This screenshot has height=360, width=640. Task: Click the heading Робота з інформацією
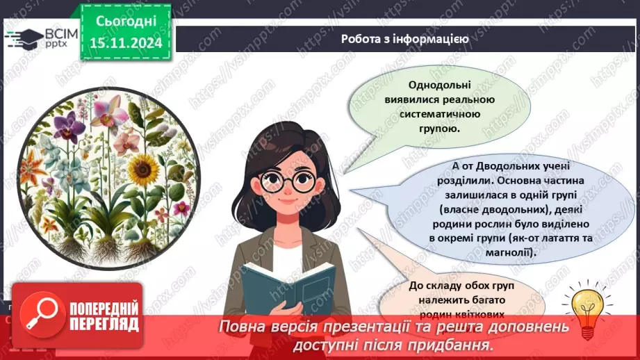[404, 39]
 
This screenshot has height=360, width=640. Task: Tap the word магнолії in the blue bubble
[509, 254]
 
